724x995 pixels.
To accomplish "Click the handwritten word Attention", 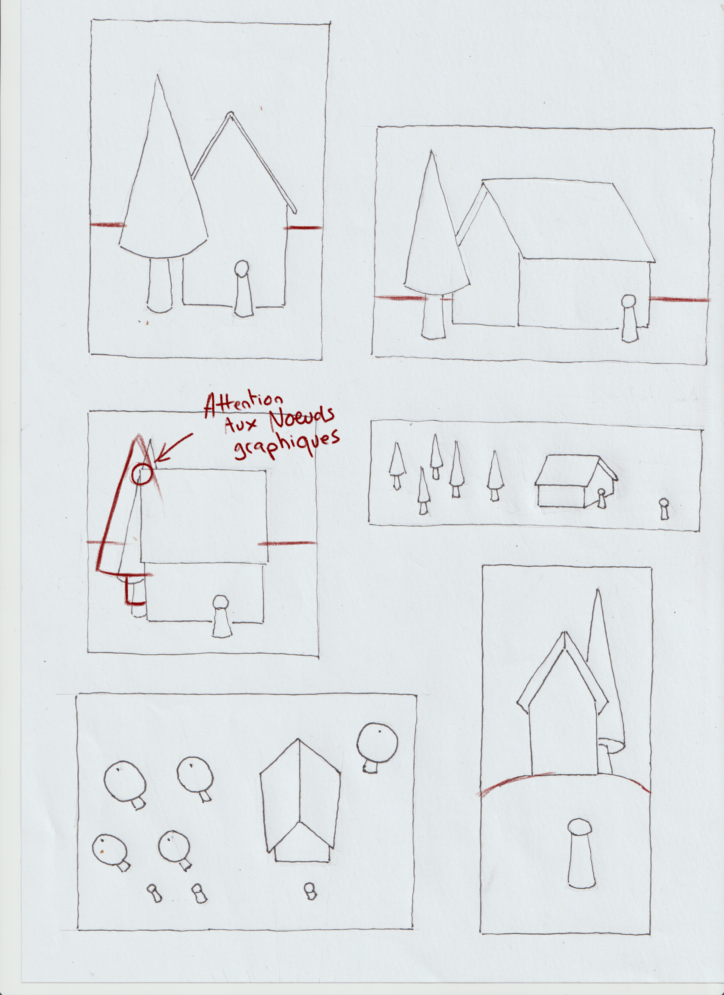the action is [244, 404].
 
